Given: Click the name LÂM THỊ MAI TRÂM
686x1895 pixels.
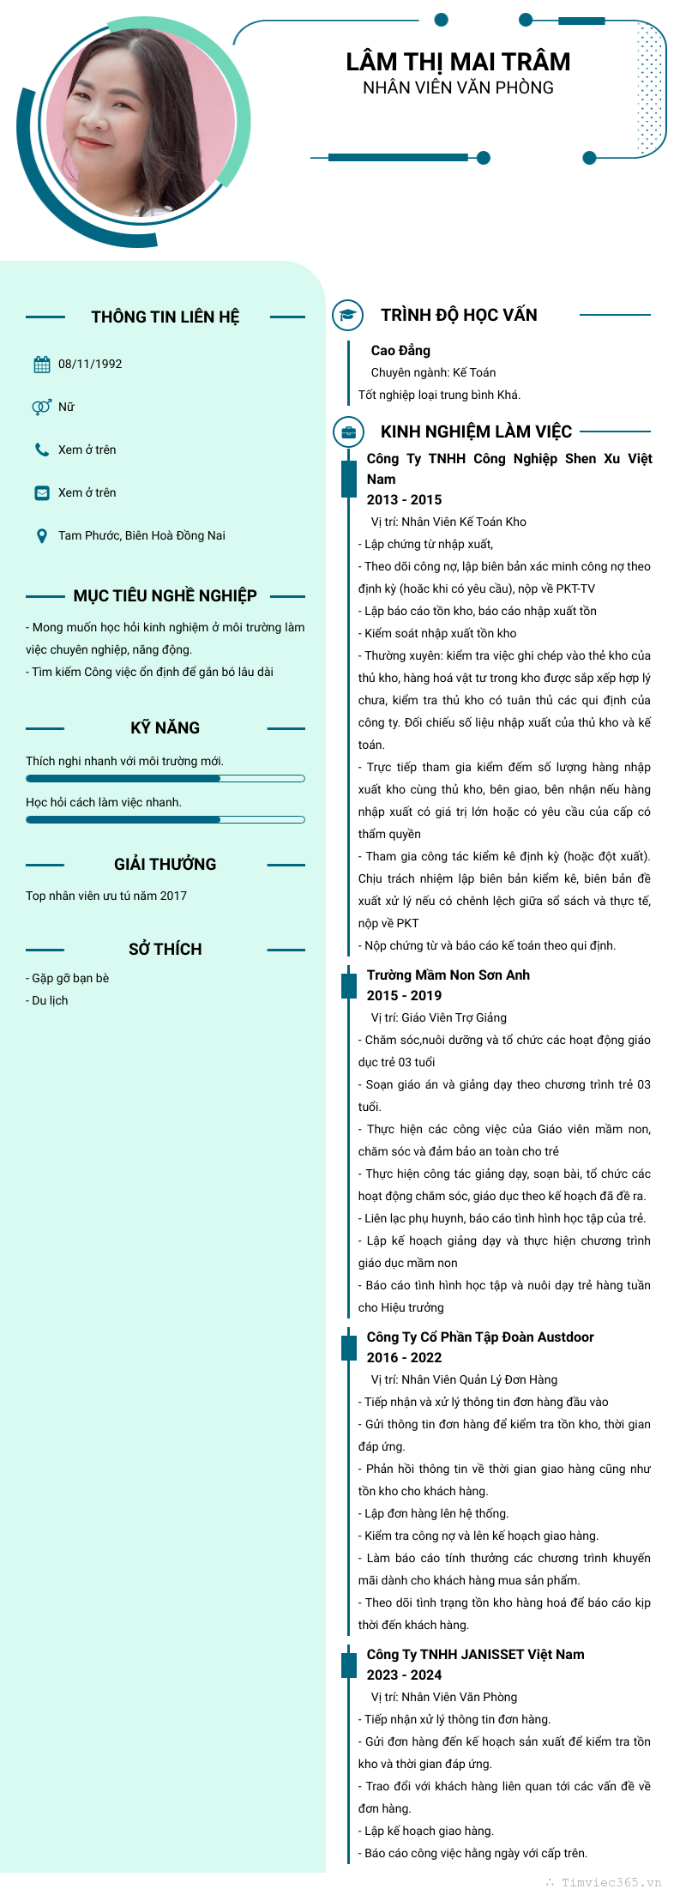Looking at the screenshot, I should point(458,63).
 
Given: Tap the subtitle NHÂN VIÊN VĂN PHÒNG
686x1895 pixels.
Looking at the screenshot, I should point(458,88).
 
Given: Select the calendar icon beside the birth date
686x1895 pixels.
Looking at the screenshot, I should point(42,365).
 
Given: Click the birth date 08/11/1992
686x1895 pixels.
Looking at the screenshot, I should point(90,365).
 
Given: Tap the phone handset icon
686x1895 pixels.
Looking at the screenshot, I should point(41,450).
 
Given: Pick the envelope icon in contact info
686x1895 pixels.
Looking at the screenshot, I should point(41,492).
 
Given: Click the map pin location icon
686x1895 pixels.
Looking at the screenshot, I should point(41,536).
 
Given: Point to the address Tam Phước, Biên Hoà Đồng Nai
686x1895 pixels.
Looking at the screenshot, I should point(141,535).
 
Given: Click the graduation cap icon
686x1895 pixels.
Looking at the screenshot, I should point(347,315).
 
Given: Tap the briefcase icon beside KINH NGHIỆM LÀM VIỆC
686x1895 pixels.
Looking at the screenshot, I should point(348,432).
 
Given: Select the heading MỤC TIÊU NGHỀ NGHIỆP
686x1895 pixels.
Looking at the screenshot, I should point(165,596).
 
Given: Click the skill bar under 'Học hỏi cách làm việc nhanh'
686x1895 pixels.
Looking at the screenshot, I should point(165,819).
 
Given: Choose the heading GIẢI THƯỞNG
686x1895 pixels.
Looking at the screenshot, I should point(165,865).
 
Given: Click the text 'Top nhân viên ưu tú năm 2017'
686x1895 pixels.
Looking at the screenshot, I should point(106,896).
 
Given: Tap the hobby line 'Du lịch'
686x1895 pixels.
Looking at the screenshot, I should point(50,1000).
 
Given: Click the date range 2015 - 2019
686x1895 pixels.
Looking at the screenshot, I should point(404,995).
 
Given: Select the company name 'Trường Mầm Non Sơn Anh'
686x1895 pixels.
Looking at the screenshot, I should point(448,975).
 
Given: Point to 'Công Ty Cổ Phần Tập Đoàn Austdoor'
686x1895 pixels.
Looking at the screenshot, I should point(479,1337).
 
